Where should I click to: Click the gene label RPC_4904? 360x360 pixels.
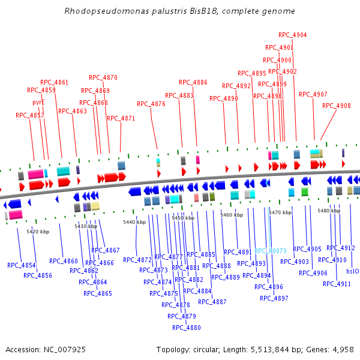point(293,35)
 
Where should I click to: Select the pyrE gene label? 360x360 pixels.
point(38,103)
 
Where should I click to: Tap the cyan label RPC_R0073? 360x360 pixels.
point(271,251)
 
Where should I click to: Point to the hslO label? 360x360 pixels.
point(353,271)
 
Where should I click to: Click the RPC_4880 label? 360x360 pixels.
point(187,328)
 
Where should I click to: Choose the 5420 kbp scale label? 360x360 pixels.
point(38,232)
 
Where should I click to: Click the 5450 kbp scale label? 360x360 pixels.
point(183,218)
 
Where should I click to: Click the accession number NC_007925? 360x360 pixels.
point(63,349)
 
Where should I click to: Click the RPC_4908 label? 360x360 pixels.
point(337,106)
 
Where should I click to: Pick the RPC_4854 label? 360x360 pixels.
point(21,265)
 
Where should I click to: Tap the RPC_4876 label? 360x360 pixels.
point(151,104)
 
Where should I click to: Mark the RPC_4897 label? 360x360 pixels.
point(274,298)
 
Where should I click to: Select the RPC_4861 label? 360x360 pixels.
point(55,82)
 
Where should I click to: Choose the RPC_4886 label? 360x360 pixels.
point(193,82)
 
